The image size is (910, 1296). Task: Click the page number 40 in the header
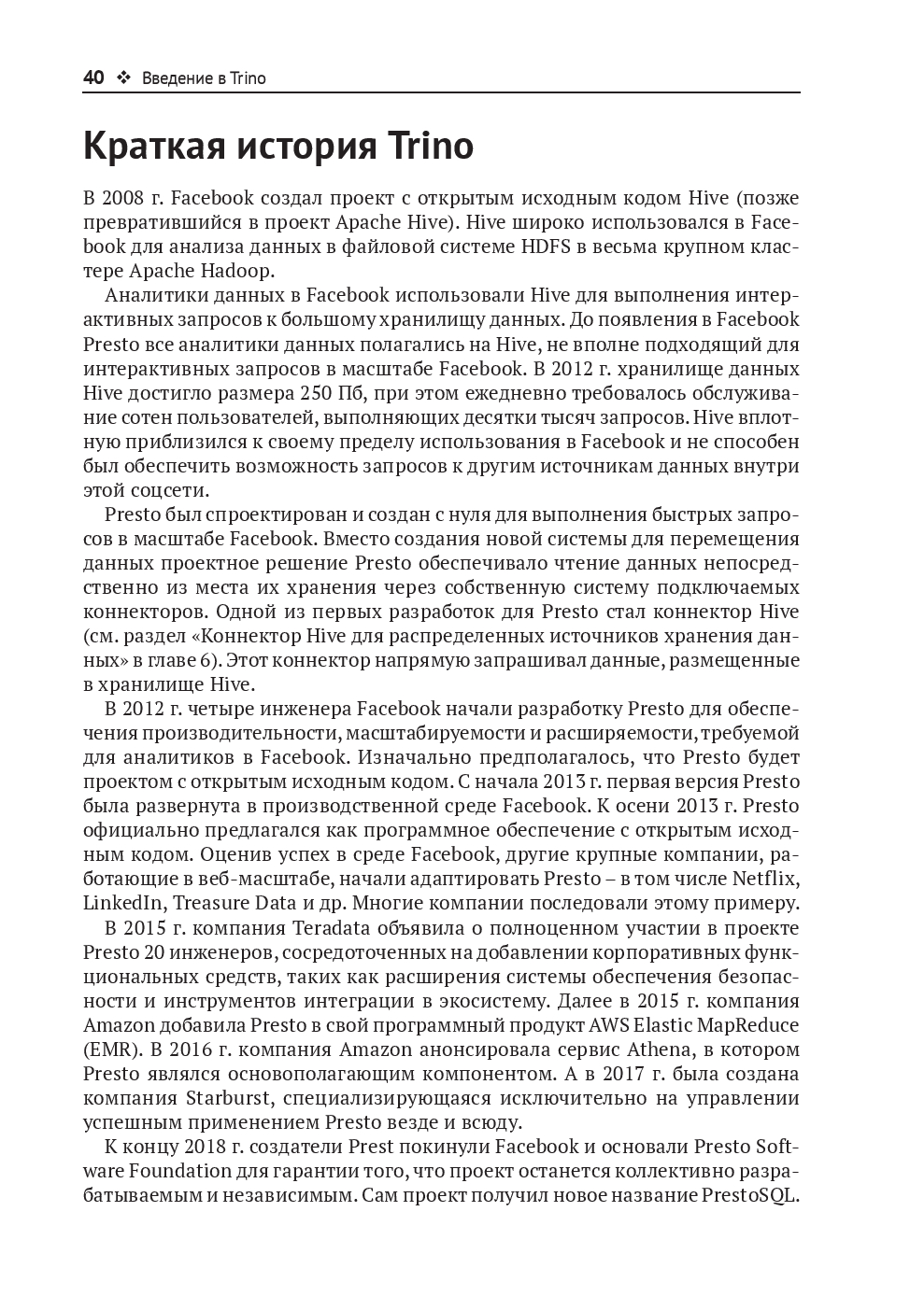coord(93,78)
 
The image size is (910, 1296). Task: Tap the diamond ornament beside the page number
coord(123,78)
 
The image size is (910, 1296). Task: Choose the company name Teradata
coord(334,928)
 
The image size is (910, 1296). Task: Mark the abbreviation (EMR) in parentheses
coord(110,1049)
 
